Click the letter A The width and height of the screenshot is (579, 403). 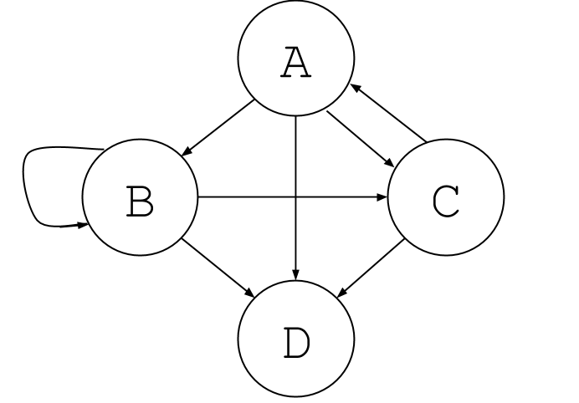[296, 63]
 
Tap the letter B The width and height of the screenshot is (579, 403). [140, 201]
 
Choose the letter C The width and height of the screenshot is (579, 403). [446, 201]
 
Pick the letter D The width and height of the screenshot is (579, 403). [296, 343]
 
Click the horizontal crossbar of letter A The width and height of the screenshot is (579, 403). [296, 69]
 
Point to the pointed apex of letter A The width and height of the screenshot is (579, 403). [295, 48]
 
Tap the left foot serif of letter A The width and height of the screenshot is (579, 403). [285, 78]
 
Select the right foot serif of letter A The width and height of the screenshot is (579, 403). [307, 78]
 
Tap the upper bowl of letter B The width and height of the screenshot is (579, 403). [147, 194]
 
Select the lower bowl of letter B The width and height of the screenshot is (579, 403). [149, 208]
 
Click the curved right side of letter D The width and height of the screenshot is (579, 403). [307, 343]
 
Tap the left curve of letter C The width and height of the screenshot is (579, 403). [435, 201]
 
